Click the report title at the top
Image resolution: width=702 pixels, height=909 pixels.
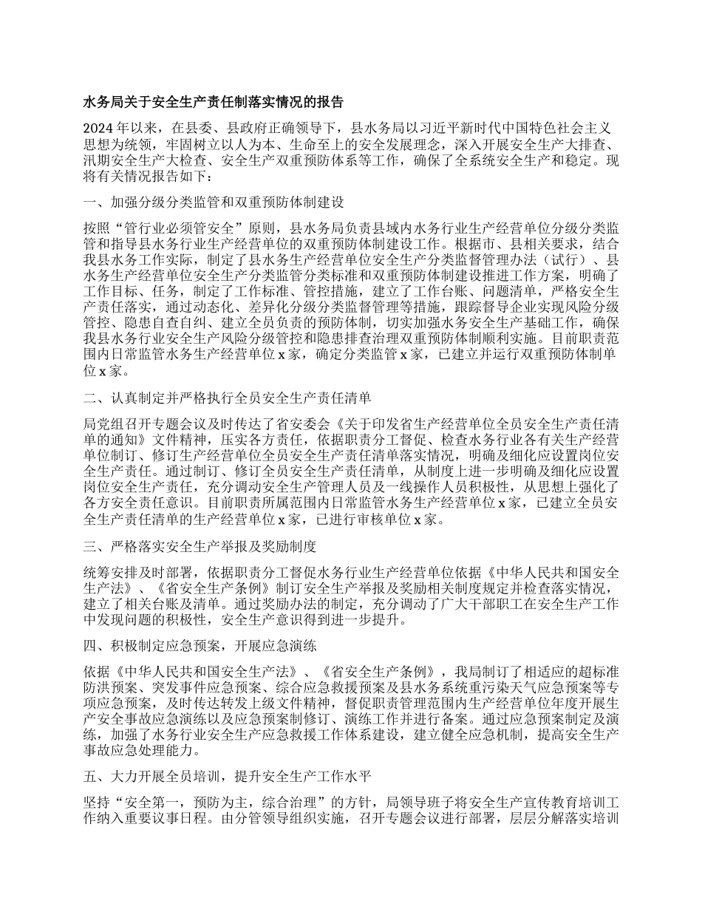coord(213,101)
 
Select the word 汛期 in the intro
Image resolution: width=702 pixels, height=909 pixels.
coord(97,158)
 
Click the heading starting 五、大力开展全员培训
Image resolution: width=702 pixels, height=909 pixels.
coord(231,776)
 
